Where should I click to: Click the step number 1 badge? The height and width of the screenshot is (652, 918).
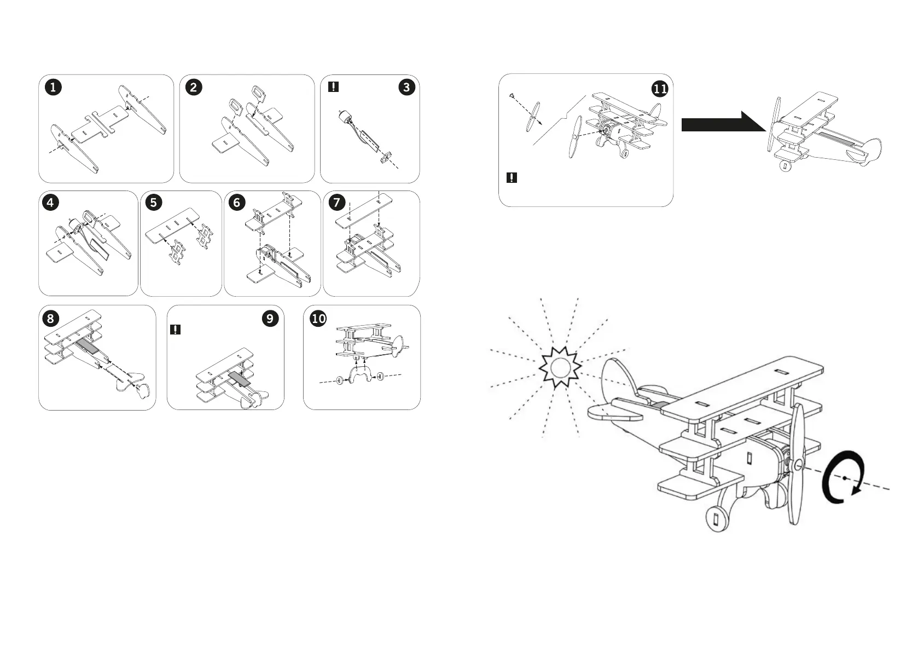(53, 88)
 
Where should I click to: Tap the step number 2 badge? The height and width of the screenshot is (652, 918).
(194, 88)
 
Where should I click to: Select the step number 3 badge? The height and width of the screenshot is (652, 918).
(406, 88)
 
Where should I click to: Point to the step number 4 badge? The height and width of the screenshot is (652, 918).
(50, 203)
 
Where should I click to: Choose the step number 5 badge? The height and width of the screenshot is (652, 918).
(153, 203)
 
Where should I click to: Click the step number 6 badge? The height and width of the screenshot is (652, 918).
(236, 203)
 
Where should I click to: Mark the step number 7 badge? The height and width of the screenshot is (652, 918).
(336, 203)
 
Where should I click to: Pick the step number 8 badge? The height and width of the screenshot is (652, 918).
(50, 319)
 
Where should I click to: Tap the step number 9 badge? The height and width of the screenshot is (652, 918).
(270, 319)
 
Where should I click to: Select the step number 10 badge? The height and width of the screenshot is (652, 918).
(318, 319)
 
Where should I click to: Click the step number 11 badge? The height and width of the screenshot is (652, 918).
(660, 89)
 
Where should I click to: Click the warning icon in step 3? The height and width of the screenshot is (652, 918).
(333, 87)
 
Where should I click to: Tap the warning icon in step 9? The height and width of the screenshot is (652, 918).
(175, 330)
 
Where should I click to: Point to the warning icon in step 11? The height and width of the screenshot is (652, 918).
(512, 178)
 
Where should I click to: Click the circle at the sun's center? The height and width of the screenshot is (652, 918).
(560, 367)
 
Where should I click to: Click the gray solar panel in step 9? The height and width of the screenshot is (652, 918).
(239, 379)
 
